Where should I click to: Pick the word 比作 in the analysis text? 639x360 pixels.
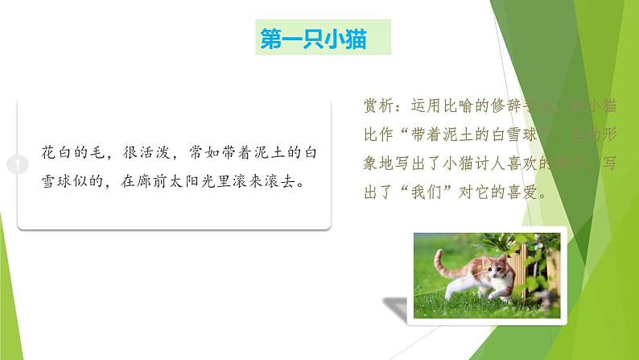(381, 128)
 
